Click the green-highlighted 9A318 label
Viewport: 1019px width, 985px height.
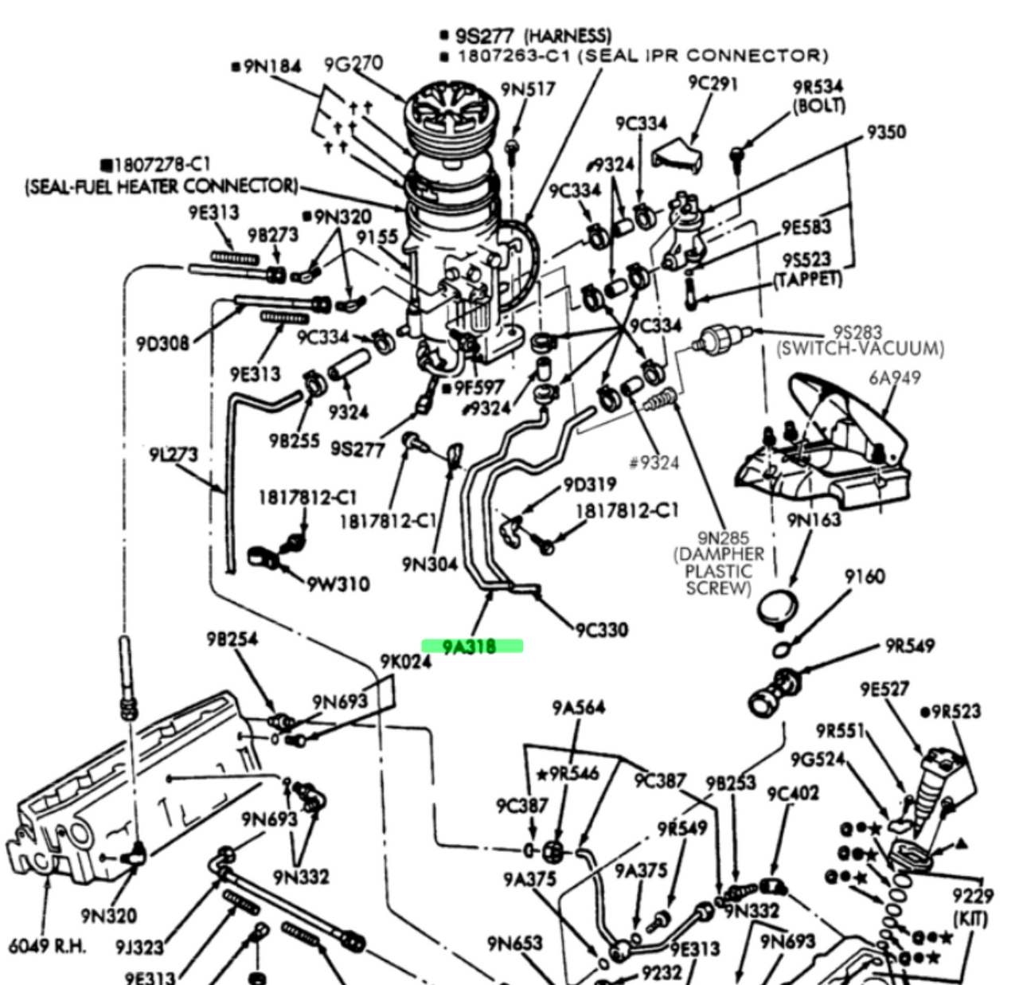click(x=471, y=647)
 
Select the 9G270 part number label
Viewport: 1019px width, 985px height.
click(x=353, y=63)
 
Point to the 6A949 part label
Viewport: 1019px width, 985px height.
click(x=894, y=377)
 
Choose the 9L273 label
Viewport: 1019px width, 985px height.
click(x=173, y=455)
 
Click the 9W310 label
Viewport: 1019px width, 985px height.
click(x=338, y=584)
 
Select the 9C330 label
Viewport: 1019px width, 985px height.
click(x=601, y=630)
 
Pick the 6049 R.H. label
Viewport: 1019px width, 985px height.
click(x=47, y=946)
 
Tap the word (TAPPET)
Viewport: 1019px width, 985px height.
click(x=807, y=279)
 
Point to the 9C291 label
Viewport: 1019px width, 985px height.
click(x=713, y=82)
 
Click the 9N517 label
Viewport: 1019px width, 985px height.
click(x=528, y=88)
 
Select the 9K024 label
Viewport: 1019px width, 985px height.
click(x=405, y=661)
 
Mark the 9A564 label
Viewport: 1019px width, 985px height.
click(x=579, y=707)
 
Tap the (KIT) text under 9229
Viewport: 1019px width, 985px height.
click(x=970, y=918)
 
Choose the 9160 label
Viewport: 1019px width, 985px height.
click(x=864, y=576)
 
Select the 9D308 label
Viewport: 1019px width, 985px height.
click(x=162, y=343)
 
